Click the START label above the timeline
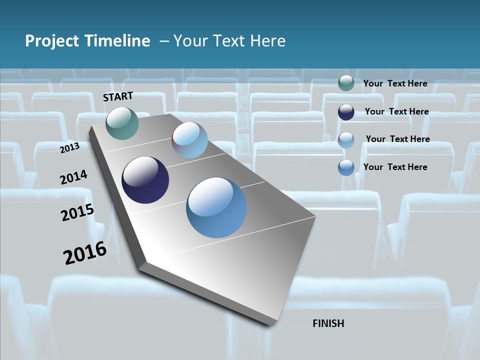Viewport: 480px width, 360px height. click(118, 96)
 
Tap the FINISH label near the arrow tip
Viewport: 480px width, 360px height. click(328, 323)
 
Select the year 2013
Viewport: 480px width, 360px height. click(69, 148)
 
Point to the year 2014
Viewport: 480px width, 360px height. click(73, 177)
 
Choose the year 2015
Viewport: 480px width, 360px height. click(77, 212)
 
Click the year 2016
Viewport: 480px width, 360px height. click(85, 253)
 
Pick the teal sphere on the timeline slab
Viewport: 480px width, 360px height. click(122, 123)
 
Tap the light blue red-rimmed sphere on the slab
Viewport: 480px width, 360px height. click(189, 140)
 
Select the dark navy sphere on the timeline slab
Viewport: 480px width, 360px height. click(145, 180)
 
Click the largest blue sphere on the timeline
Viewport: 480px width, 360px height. click(216, 207)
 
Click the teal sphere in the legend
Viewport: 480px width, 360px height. click(346, 83)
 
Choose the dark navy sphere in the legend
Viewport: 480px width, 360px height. click(346, 112)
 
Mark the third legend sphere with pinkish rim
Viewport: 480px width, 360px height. click(346, 140)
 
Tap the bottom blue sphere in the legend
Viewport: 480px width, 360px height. click(346, 167)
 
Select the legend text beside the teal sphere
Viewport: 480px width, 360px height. click(395, 83)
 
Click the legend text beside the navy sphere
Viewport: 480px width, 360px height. click(396, 111)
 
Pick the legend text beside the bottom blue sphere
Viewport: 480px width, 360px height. click(395, 167)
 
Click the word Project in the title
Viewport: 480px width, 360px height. click(51, 41)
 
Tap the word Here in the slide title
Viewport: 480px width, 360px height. click(268, 41)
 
